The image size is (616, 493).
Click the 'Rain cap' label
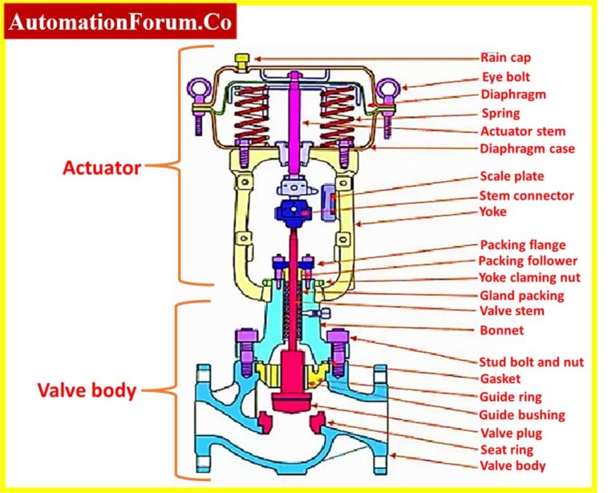(505, 58)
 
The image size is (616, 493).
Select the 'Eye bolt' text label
(505, 77)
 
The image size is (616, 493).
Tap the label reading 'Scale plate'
(512, 176)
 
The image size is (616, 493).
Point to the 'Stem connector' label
(527, 196)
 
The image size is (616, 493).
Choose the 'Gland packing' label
(522, 295)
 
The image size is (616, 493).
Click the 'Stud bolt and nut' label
(531, 362)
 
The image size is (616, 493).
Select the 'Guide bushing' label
(522, 414)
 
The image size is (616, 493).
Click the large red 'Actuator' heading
(102, 168)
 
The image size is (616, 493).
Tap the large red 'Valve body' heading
(87, 391)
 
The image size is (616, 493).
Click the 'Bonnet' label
(501, 329)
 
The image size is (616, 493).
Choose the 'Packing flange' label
(522, 244)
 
